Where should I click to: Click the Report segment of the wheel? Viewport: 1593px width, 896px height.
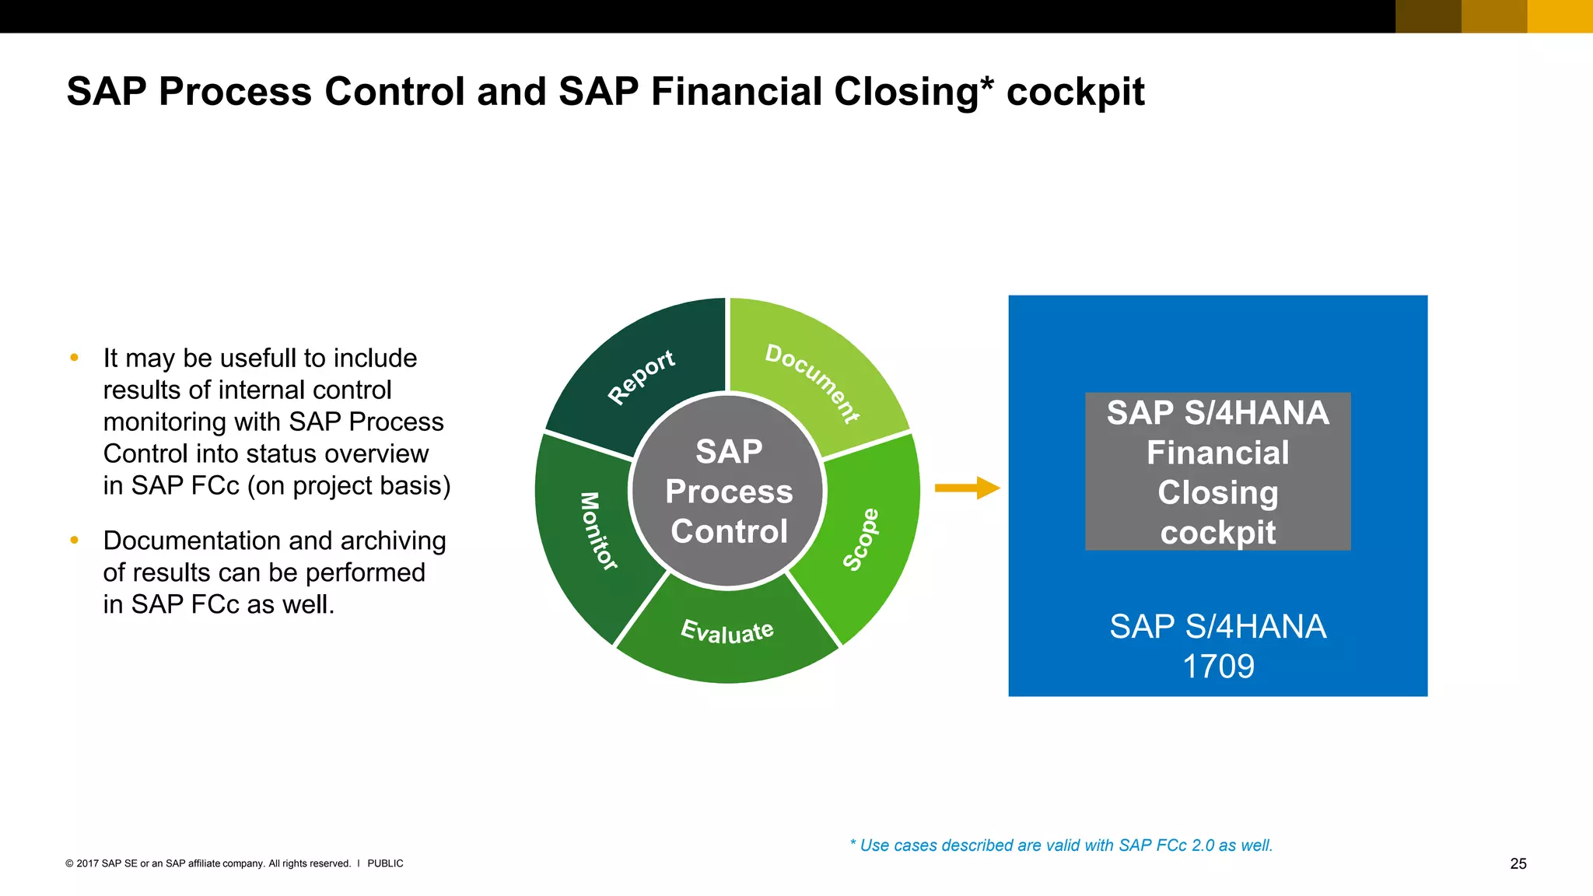(641, 376)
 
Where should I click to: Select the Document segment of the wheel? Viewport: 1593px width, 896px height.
(812, 383)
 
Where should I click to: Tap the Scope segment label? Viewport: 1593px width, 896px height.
(862, 539)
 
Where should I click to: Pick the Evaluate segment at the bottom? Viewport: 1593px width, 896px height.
(727, 632)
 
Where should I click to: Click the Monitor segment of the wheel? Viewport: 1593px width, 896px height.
(598, 531)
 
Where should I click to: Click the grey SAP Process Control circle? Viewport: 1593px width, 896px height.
(728, 491)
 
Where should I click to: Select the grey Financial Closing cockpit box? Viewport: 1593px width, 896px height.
(1217, 471)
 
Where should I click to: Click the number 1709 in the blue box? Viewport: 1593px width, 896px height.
(1218, 667)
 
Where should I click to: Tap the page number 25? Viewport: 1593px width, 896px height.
(1518, 863)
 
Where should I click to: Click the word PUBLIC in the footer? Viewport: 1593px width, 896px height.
(385, 863)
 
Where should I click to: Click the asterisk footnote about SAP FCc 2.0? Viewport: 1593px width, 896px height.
(1061, 845)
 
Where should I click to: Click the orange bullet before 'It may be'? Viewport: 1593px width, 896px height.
(75, 358)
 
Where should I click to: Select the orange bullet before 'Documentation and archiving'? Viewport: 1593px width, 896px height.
(75, 540)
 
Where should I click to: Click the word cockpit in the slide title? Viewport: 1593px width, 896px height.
(1075, 93)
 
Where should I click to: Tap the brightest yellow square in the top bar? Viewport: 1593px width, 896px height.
(1560, 16)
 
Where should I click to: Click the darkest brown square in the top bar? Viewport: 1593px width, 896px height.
(1428, 16)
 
